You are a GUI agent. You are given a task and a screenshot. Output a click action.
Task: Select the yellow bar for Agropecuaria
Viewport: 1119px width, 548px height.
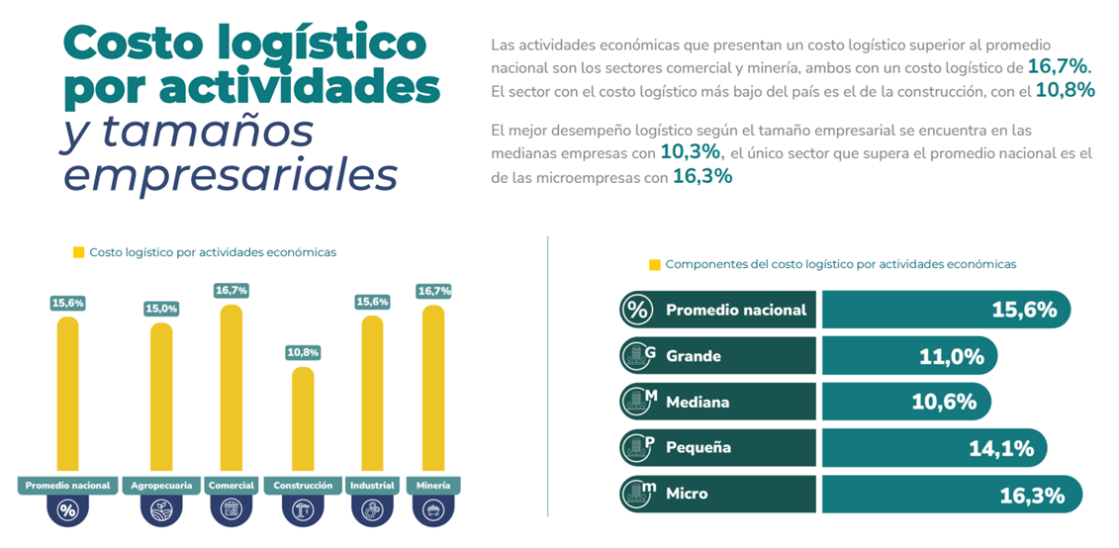click(161, 396)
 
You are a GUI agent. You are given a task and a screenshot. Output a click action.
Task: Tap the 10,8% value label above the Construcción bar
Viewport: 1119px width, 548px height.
click(303, 352)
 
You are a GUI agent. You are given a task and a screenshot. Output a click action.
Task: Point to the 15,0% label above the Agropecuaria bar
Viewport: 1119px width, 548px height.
click(161, 309)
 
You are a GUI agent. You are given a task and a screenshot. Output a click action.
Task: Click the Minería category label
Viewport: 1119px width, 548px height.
click(433, 486)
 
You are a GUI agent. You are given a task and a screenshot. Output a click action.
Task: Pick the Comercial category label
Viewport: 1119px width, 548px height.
click(232, 486)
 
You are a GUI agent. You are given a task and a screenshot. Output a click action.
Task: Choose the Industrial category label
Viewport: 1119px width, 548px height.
click(372, 486)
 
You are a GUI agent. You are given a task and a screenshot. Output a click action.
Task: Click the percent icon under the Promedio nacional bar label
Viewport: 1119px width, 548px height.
click(67, 510)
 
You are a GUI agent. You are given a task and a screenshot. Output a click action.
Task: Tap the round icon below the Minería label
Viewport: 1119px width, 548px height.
click(433, 510)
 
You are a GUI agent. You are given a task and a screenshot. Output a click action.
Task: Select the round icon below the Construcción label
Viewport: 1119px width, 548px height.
click(303, 510)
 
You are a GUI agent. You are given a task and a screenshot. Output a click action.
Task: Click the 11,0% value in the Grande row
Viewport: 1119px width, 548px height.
click(952, 356)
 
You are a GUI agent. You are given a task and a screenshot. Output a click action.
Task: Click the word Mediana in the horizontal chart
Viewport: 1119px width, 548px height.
click(698, 403)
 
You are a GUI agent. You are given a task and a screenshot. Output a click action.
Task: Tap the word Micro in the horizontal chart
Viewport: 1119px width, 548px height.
click(687, 493)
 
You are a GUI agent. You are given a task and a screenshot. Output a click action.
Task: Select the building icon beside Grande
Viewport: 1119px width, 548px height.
click(637, 356)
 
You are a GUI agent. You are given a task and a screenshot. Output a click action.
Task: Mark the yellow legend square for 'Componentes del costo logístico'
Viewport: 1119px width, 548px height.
click(654, 265)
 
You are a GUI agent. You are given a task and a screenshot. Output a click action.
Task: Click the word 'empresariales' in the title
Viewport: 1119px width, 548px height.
click(230, 174)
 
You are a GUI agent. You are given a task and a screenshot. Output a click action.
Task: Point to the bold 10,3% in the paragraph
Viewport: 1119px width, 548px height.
click(692, 153)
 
